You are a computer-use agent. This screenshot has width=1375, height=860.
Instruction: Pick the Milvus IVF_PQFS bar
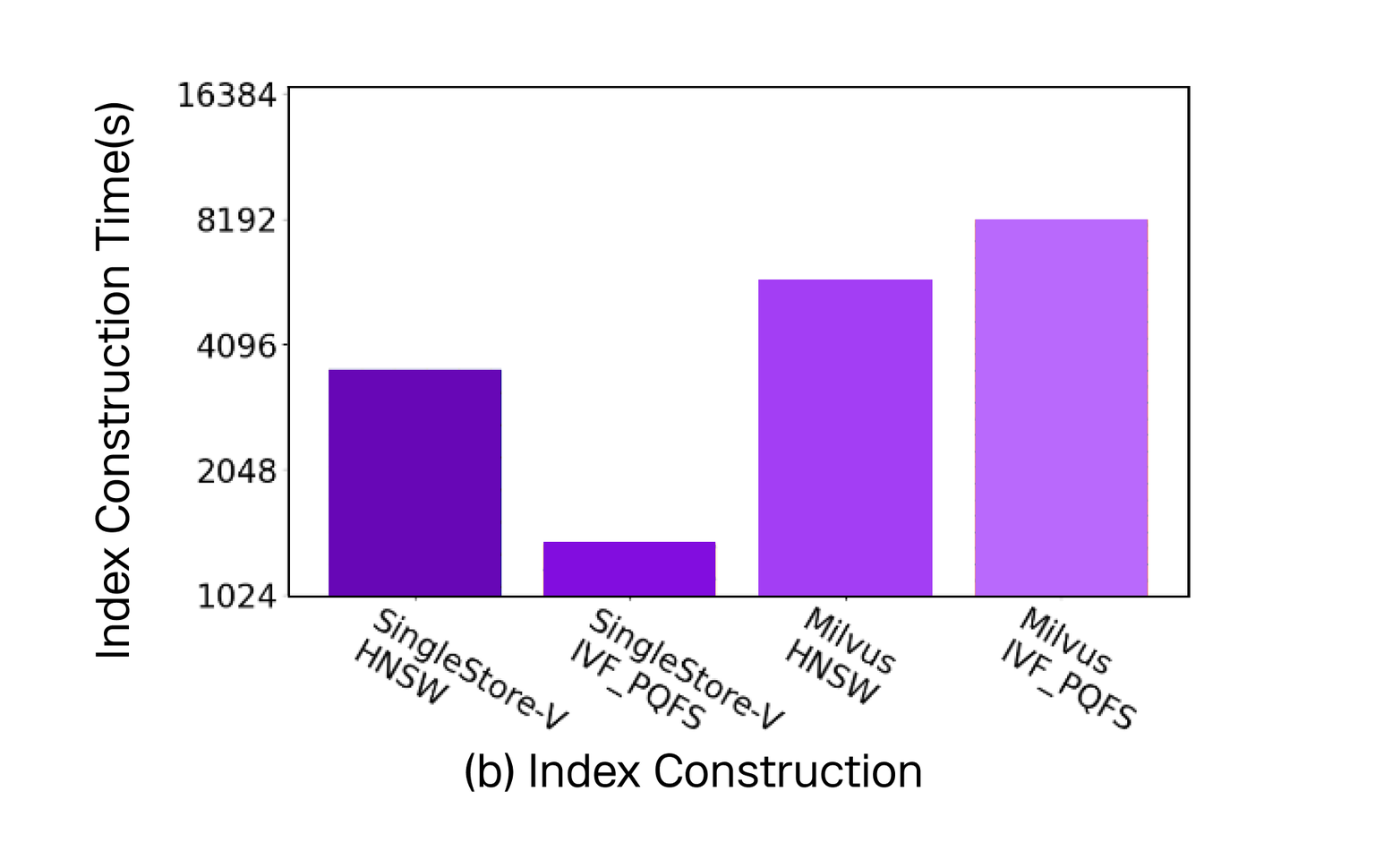click(x=1061, y=408)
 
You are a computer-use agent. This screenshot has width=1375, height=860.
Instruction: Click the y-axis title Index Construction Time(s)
click(x=115, y=381)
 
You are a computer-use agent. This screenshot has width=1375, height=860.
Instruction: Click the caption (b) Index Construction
click(x=692, y=771)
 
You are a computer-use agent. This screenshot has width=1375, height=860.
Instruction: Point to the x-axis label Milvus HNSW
click(x=839, y=656)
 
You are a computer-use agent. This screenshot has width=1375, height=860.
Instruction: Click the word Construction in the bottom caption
click(x=788, y=771)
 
